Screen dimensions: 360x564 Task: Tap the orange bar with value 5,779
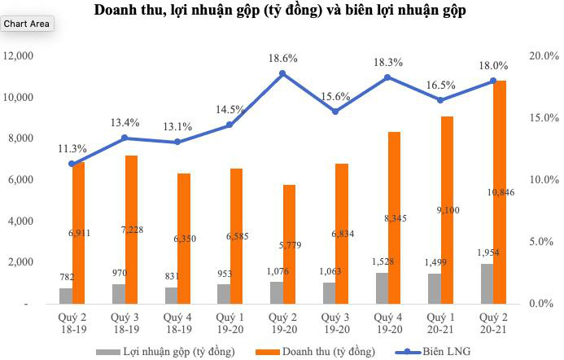click(x=289, y=244)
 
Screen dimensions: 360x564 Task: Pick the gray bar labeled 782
click(x=66, y=296)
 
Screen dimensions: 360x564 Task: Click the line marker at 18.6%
click(x=282, y=73)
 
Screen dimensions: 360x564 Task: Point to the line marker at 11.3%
click(x=72, y=164)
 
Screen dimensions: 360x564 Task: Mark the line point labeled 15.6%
click(x=334, y=111)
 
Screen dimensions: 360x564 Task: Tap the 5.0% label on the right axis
click(x=541, y=242)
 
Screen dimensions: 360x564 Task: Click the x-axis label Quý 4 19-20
click(x=387, y=323)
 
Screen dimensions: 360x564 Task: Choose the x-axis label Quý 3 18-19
click(x=125, y=323)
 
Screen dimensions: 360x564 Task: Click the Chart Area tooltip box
click(x=27, y=24)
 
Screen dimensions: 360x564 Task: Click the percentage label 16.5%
click(x=439, y=84)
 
